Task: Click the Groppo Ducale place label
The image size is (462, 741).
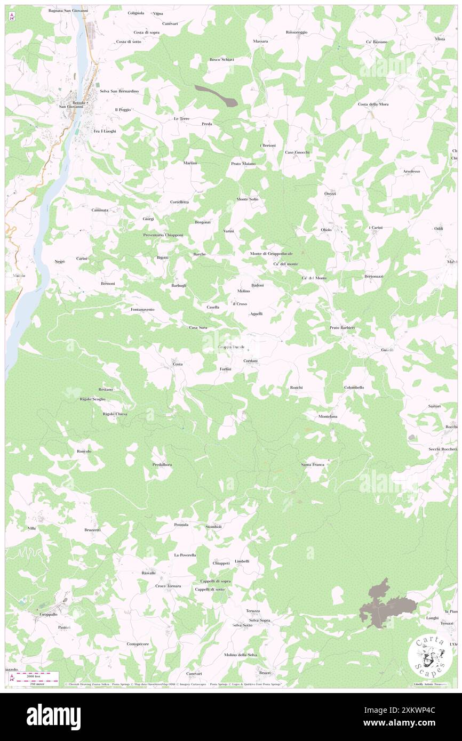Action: tap(231, 347)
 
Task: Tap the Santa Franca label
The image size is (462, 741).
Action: tap(313, 465)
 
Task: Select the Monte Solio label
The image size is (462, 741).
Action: tap(248, 199)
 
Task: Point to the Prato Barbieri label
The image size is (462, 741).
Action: tap(342, 327)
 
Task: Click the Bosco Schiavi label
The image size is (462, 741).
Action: tap(221, 60)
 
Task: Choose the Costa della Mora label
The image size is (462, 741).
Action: tap(373, 104)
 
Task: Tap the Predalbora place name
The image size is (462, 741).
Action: tap(162, 465)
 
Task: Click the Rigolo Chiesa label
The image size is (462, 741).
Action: tap(115, 414)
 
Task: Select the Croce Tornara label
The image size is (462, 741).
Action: tap(168, 586)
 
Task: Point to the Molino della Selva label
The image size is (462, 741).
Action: tap(241, 655)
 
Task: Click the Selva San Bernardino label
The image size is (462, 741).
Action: tap(119, 91)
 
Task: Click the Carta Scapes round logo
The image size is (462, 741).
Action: tap(430, 656)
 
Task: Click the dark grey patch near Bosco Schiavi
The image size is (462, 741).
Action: tap(217, 94)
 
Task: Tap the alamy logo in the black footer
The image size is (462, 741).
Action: tap(53, 716)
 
